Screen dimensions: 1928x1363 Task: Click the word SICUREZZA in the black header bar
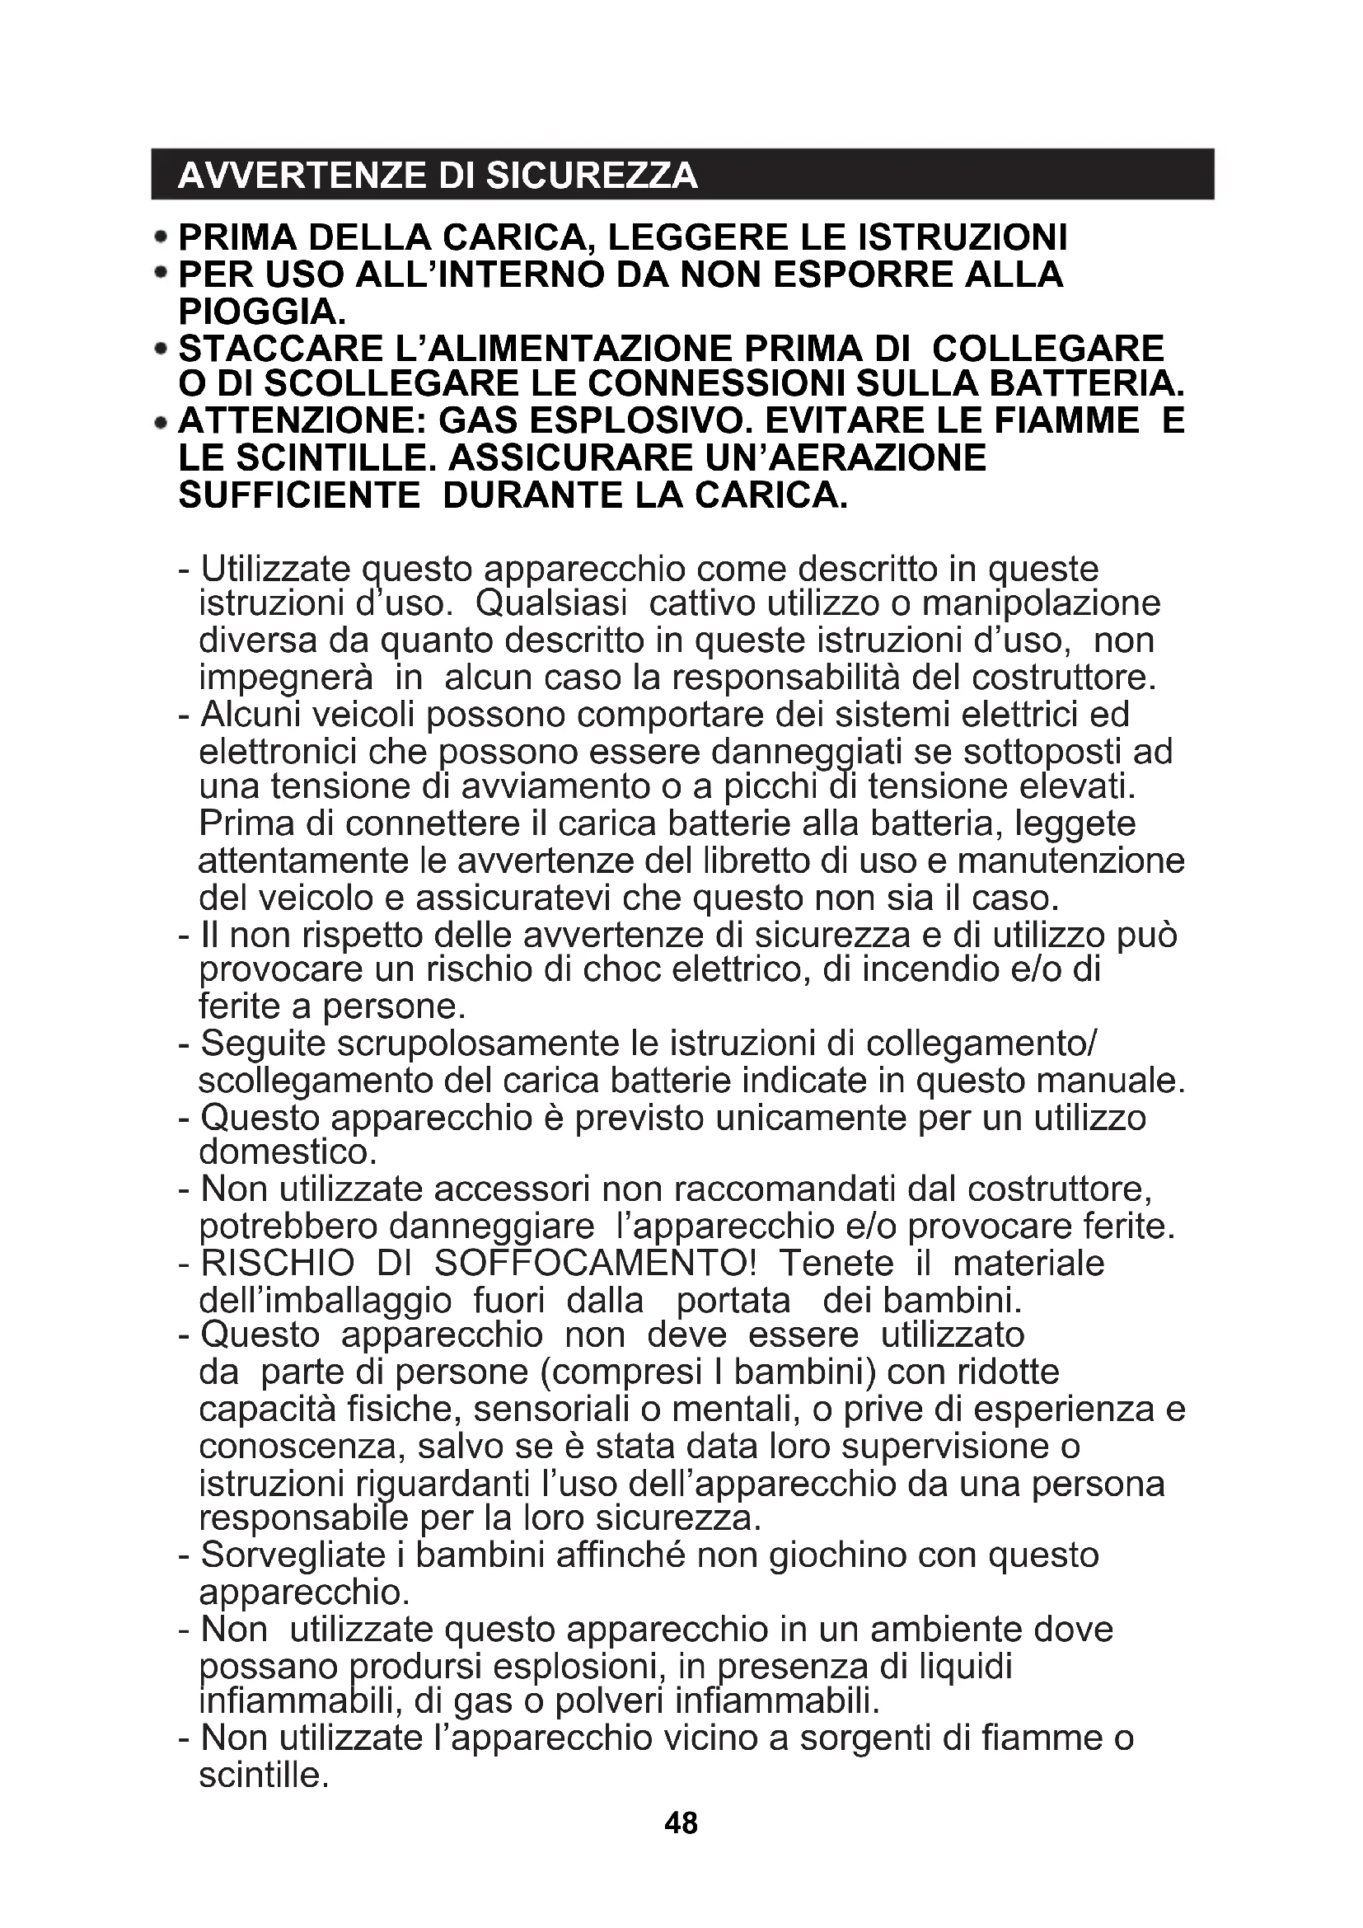click(x=592, y=176)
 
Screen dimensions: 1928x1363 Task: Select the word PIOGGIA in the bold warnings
click(x=261, y=312)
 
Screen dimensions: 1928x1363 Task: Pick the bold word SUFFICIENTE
click(x=299, y=495)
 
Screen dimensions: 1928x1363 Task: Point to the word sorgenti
click(x=864, y=1738)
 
